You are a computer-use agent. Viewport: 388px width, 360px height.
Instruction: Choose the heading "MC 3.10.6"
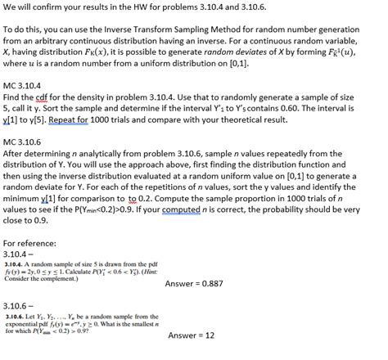[x=27, y=142]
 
